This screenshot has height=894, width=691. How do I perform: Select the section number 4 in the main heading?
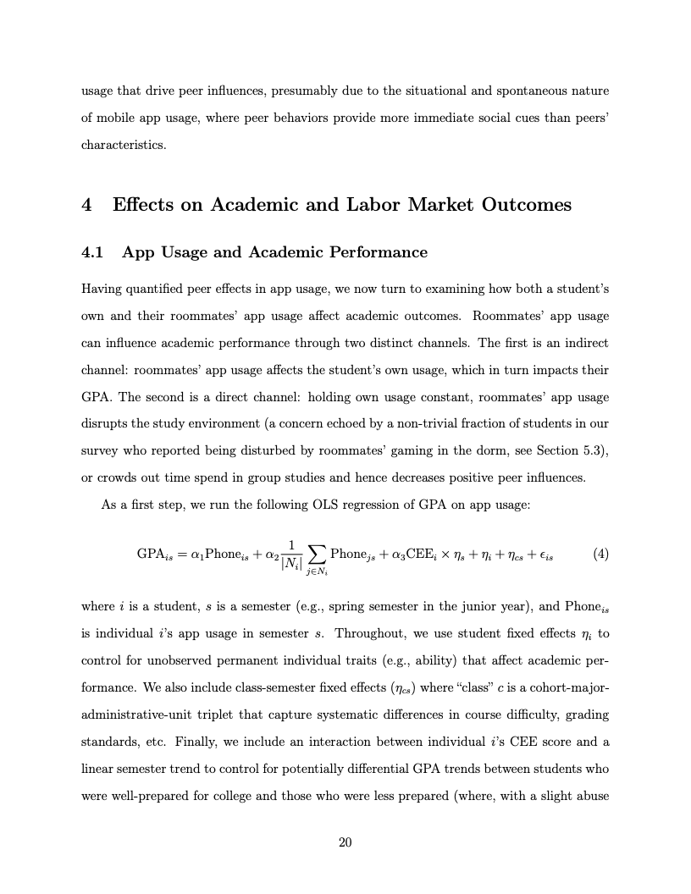click(x=86, y=205)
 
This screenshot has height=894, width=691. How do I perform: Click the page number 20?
click(x=345, y=842)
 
